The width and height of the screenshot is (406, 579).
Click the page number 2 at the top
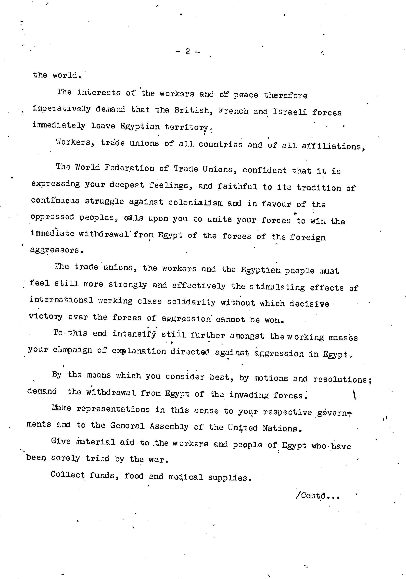point(187,52)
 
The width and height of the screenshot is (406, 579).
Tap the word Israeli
point(290,112)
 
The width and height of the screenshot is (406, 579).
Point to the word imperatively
point(61,109)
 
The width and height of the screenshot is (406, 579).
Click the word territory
point(187,127)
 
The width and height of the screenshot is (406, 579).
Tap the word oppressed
point(52,217)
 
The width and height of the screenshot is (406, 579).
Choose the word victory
point(46,316)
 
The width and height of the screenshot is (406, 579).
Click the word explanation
point(139,351)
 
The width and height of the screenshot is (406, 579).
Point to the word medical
point(186,477)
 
